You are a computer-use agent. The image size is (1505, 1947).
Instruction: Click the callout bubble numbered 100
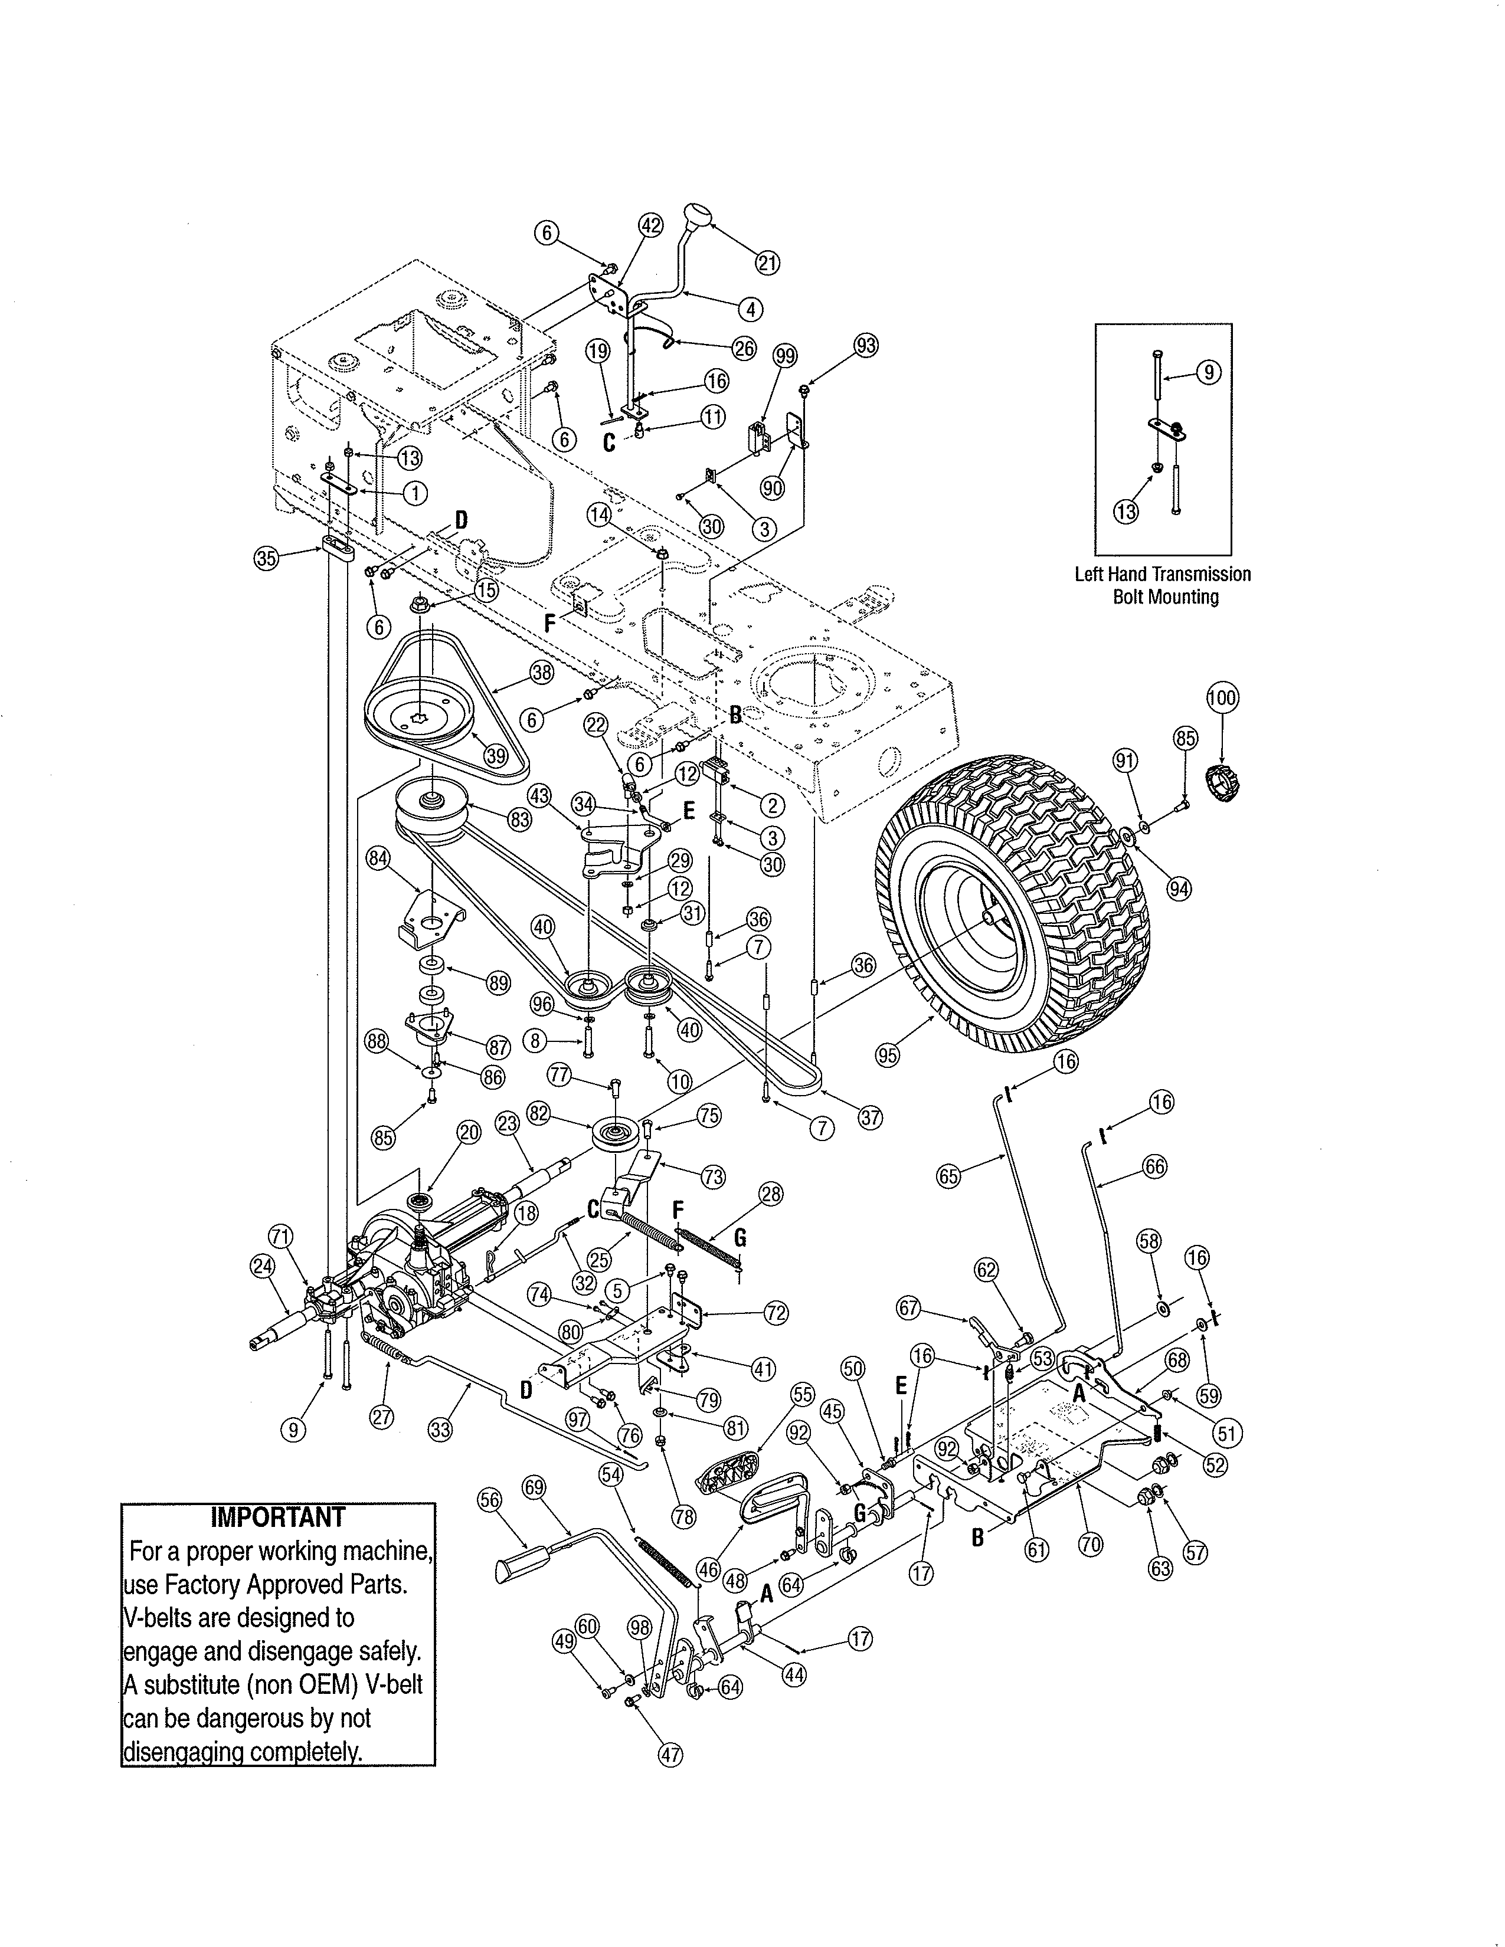pyautogui.click(x=1222, y=697)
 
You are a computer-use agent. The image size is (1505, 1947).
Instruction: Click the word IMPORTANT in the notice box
pyautogui.click(x=277, y=1517)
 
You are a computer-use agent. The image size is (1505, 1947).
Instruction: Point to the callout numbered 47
pyautogui.click(x=670, y=1755)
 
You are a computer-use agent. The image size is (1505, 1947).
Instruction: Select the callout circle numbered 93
pyautogui.click(x=865, y=345)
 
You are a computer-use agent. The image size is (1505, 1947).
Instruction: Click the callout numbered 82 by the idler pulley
pyautogui.click(x=564, y=1113)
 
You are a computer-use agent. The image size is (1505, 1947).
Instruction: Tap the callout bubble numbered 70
pyautogui.click(x=1091, y=1544)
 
